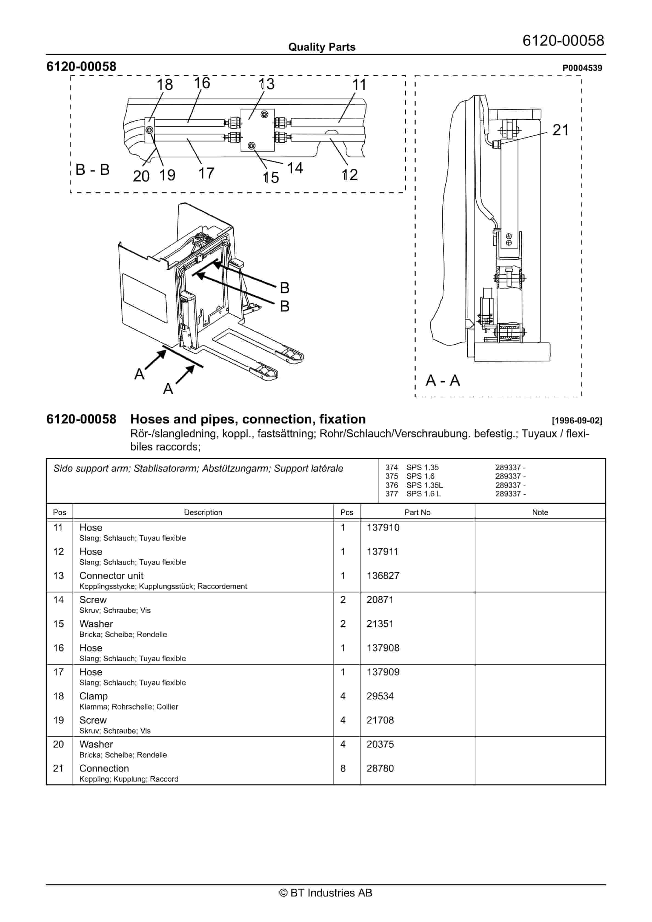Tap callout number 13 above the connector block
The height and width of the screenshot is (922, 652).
267,84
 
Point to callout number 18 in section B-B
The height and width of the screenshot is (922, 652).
164,85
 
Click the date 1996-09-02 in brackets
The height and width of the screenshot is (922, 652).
577,420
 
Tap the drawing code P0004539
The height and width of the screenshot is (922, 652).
582,68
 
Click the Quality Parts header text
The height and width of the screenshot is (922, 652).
322,47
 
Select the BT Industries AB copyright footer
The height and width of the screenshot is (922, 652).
326,893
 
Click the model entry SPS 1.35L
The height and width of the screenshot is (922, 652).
424,485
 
